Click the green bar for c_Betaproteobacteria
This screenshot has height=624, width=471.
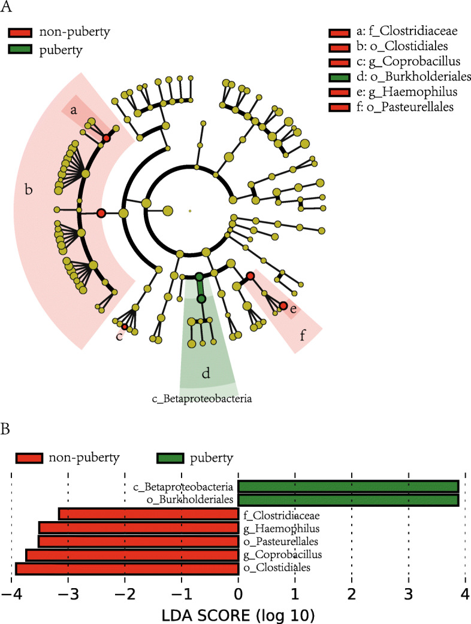348,486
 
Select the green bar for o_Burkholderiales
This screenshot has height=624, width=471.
348,500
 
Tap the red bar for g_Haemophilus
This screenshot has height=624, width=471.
138,528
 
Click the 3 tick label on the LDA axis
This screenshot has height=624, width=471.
408,595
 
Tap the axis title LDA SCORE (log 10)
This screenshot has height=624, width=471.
238,614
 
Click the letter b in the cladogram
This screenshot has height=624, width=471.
29,191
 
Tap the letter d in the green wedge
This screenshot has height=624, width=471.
206,375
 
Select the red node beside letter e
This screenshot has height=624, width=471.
283,306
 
